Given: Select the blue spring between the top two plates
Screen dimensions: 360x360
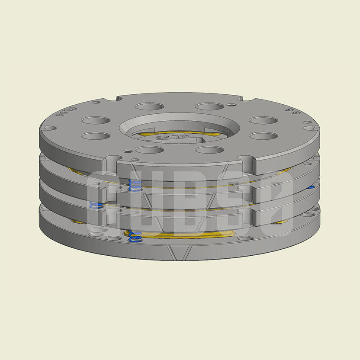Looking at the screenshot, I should (x=135, y=186).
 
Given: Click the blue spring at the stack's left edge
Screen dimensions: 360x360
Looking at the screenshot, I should (x=96, y=205).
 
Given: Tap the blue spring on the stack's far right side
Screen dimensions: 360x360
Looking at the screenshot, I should (x=311, y=187).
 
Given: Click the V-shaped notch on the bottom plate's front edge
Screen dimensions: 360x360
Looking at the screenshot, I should (x=178, y=253).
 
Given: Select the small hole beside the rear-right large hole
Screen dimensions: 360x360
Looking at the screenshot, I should (x=233, y=105).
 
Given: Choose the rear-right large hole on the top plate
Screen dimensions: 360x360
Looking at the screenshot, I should (x=209, y=106).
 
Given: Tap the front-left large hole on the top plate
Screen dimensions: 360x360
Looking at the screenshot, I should (x=149, y=150).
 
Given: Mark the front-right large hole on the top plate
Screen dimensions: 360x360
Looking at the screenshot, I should (x=209, y=150).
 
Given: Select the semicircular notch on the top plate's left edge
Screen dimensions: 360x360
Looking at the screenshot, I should (x=49, y=128).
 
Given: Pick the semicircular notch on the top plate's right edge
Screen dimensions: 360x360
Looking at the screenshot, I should (x=309, y=128).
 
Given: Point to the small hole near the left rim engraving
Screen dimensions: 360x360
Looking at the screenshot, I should (x=96, y=103).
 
